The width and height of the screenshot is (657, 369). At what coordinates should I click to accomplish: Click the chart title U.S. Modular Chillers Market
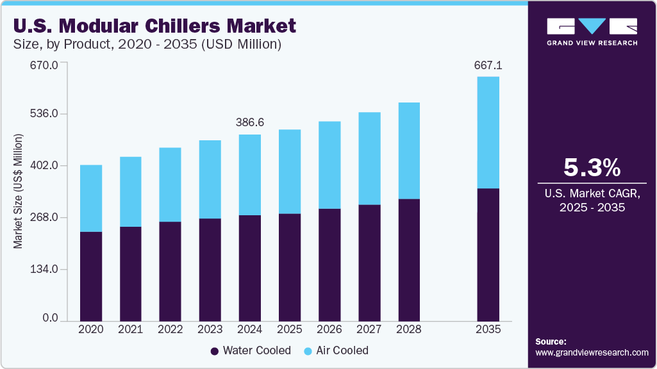click(154, 26)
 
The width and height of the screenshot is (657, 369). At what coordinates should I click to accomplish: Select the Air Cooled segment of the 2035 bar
click(488, 132)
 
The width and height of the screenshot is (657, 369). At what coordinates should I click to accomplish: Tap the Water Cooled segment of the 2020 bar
click(91, 275)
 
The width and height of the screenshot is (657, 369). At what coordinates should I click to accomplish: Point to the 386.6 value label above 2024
click(250, 122)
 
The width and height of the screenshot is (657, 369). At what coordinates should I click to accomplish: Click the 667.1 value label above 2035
click(488, 65)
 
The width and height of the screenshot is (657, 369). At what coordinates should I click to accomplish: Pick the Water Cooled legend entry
click(251, 350)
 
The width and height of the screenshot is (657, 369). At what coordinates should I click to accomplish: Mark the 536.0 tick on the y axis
click(45, 114)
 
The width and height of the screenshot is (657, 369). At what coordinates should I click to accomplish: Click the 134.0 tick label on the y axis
click(45, 269)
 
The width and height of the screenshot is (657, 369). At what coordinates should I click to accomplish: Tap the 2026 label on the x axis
click(329, 329)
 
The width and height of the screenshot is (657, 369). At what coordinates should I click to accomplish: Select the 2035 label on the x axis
click(488, 329)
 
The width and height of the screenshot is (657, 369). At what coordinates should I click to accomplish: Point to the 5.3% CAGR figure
click(592, 168)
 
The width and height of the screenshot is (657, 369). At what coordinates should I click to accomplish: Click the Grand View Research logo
click(592, 31)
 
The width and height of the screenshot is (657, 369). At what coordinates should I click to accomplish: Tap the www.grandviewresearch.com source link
click(592, 352)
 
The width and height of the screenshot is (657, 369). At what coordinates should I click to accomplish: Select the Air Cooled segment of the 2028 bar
click(409, 151)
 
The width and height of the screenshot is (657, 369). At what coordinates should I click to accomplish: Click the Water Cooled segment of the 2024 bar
click(250, 268)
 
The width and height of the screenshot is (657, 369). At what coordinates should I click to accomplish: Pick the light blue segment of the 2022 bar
click(170, 184)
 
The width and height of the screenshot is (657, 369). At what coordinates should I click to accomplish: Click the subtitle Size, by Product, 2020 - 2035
click(147, 45)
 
